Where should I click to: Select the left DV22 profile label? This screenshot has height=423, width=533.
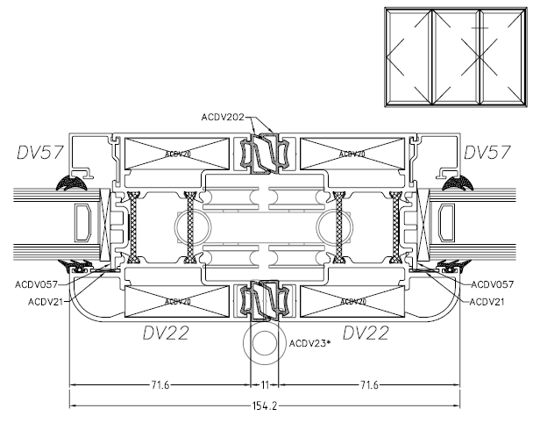[167, 333]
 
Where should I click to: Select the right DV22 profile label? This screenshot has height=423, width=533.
[367, 333]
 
